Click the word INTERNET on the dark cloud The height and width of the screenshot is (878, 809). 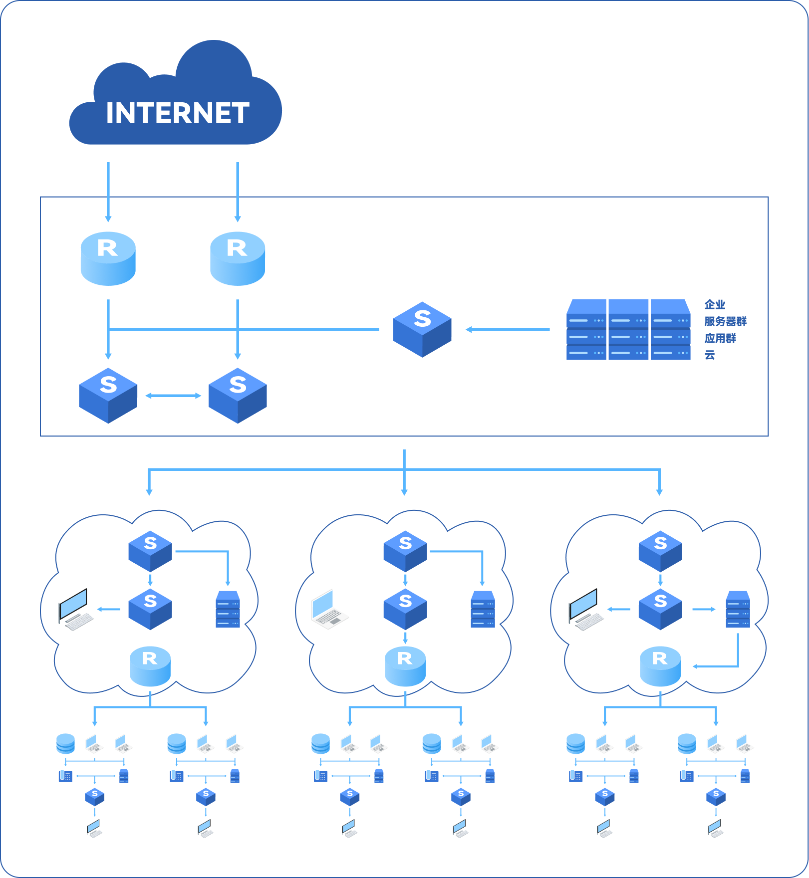[x=178, y=113]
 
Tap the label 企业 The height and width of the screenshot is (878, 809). [x=715, y=304]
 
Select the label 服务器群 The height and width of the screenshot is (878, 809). [x=725, y=321]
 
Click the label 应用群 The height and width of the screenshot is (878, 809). [x=720, y=338]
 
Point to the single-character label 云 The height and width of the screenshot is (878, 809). [x=710, y=355]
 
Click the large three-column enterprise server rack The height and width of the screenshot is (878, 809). [x=628, y=330]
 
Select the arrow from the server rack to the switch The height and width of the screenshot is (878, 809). [x=508, y=329]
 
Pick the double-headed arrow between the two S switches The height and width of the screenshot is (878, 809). [x=173, y=396]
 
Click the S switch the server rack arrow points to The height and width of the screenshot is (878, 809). [x=422, y=329]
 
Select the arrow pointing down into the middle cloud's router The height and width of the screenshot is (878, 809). [x=405, y=638]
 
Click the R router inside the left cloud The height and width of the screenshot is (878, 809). [x=150, y=666]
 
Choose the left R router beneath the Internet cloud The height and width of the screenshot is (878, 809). [x=108, y=258]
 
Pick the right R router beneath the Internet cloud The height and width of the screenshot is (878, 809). [x=238, y=258]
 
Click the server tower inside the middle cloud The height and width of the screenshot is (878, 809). [x=483, y=609]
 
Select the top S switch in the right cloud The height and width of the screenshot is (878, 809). [x=660, y=551]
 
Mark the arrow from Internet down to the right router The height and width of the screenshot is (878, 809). [x=238, y=192]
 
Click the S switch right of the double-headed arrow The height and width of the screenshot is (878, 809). [x=238, y=396]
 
